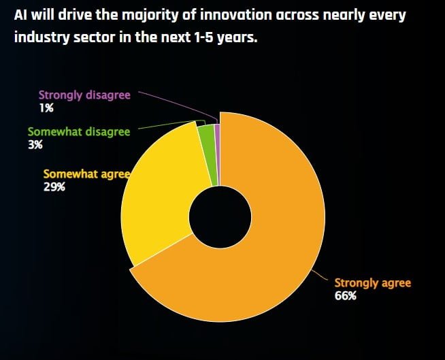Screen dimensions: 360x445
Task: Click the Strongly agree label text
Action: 372,282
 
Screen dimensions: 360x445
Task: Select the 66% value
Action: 346,296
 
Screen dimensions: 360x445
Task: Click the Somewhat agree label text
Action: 86,174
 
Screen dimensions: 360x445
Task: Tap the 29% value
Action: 54,186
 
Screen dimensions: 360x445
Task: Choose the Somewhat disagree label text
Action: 78,131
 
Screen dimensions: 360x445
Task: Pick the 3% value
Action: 35,144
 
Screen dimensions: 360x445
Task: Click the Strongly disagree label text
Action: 84,95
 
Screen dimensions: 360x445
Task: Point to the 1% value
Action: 46,108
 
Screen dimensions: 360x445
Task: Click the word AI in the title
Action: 21,16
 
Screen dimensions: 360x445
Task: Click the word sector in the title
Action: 90,37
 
